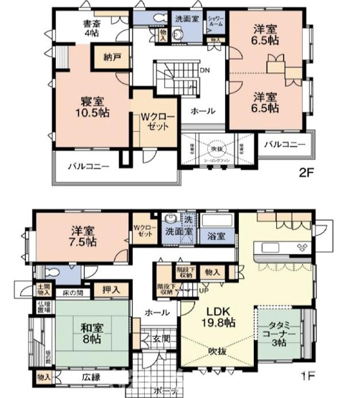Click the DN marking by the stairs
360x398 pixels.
pos(204,70)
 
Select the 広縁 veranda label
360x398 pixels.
pos(91,376)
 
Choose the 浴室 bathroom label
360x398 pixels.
pos(217,234)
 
